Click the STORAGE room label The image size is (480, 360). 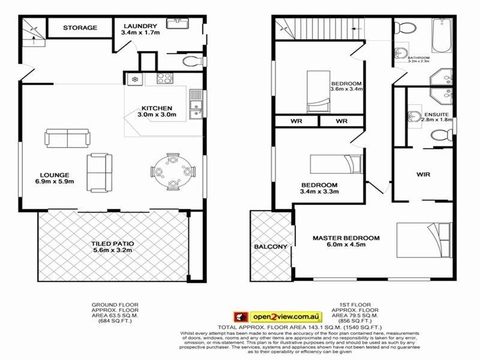click(x=80, y=28)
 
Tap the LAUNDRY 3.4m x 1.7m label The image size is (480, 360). click(x=140, y=29)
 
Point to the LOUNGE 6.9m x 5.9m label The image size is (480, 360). click(x=52, y=178)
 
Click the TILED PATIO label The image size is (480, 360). click(x=113, y=248)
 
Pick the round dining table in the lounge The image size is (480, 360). click(x=173, y=170)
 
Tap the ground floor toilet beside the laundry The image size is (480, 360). click(x=191, y=61)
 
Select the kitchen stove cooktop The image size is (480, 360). click(x=164, y=78)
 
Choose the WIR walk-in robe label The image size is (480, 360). click(x=424, y=175)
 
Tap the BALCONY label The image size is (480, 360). click(x=266, y=247)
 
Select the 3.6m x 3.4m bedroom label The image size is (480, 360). click(x=347, y=86)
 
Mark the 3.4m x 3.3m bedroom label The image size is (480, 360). click(x=320, y=188)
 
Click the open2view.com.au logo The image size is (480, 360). click(x=278, y=316)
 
